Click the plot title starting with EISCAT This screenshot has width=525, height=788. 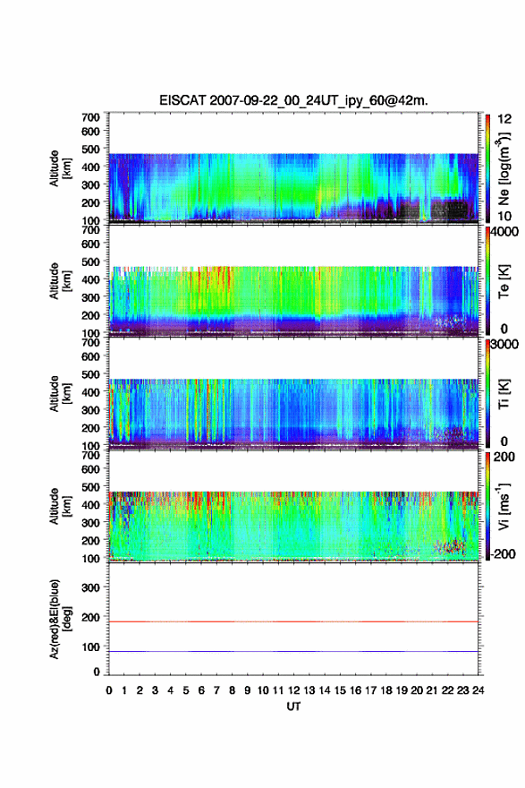[293, 100]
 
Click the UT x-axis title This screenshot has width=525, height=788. [293, 707]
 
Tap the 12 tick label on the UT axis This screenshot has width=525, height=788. [293, 690]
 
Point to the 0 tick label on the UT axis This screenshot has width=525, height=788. [109, 690]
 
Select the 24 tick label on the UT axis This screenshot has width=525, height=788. [478, 690]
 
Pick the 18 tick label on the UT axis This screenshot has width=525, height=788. [386, 690]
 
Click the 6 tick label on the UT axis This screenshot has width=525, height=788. [201, 690]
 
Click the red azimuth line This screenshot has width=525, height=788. [293, 621]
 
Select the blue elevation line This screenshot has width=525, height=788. [293, 651]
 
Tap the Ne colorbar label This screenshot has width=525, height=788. [504, 168]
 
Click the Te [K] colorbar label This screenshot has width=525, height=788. [504, 281]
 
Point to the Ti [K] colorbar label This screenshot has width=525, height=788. [504, 394]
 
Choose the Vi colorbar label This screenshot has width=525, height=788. [504, 506]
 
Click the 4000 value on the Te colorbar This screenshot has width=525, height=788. [505, 232]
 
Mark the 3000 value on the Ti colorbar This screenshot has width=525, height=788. [505, 345]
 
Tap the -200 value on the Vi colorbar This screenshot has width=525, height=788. [504, 553]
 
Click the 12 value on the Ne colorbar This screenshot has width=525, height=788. [505, 119]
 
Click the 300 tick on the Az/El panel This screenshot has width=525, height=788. [90, 587]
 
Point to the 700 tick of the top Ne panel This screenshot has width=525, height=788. [90, 117]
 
